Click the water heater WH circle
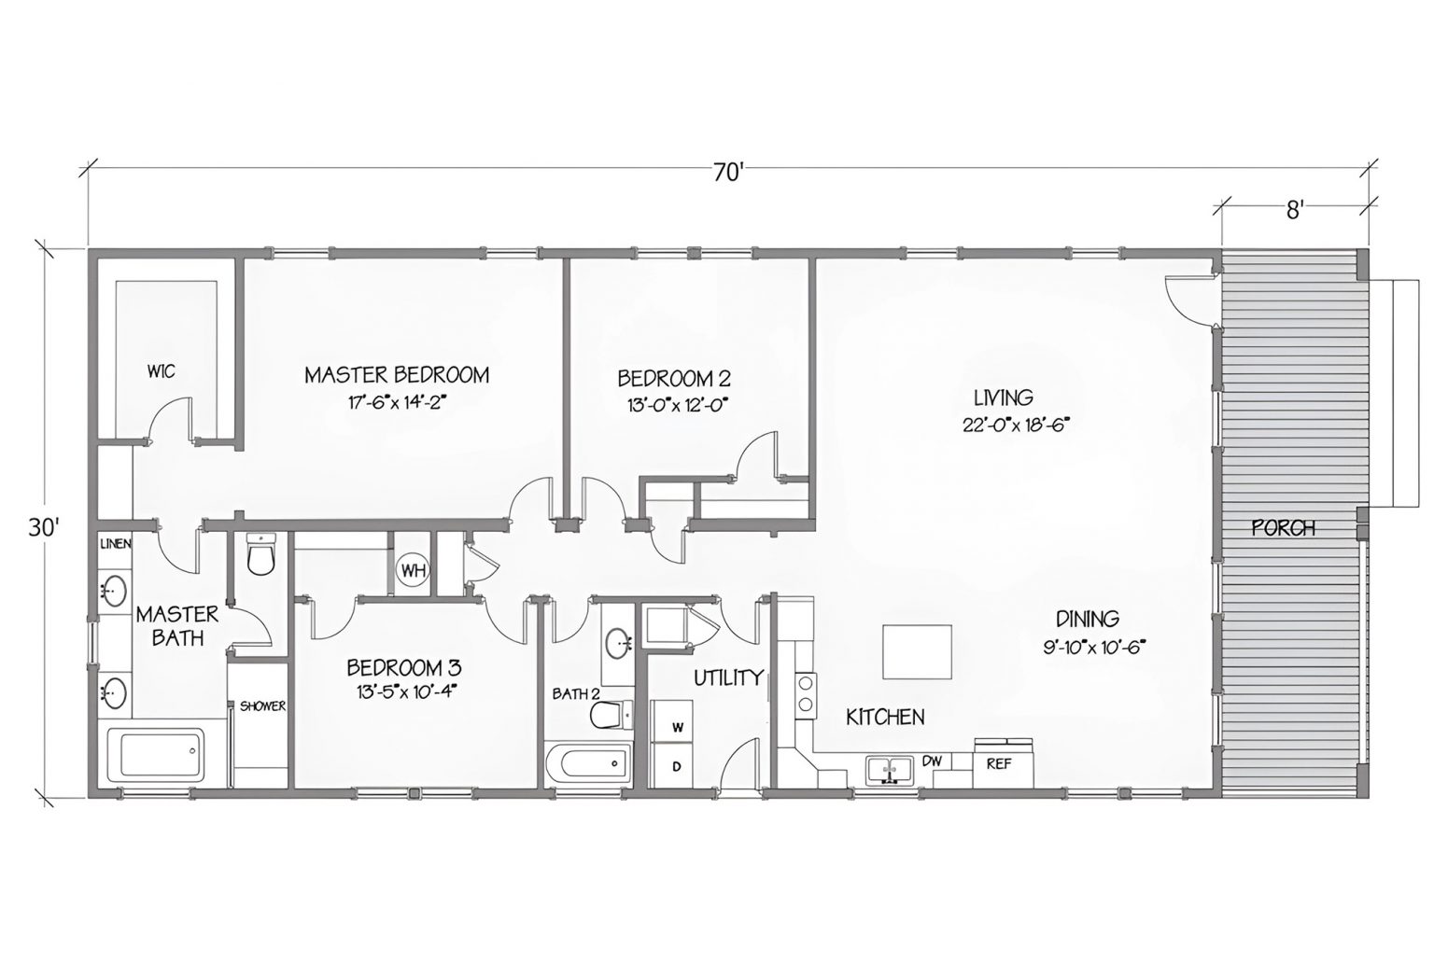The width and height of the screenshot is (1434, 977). (x=412, y=569)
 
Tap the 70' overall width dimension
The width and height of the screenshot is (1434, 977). (x=730, y=171)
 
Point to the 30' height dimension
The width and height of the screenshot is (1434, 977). (x=44, y=527)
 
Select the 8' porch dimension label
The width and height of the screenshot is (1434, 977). (x=1294, y=210)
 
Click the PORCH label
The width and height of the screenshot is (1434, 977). (x=1283, y=528)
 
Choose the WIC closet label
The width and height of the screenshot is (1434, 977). (x=160, y=371)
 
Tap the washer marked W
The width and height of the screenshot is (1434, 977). (x=677, y=727)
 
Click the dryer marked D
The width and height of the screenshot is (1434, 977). (x=677, y=767)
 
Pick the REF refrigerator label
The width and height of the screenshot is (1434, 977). (x=998, y=763)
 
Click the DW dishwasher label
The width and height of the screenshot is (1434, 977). (x=931, y=761)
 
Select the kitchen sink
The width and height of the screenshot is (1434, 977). (x=889, y=770)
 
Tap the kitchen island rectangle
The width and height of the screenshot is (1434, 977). (x=917, y=652)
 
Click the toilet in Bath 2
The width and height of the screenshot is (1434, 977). (x=605, y=715)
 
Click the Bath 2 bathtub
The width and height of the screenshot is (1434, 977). (x=587, y=765)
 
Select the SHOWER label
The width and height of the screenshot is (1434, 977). (x=262, y=706)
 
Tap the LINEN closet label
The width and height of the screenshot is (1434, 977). (x=116, y=543)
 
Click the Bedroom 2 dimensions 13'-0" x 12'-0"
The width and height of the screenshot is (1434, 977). (x=672, y=405)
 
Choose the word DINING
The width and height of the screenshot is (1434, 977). (x=1087, y=618)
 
